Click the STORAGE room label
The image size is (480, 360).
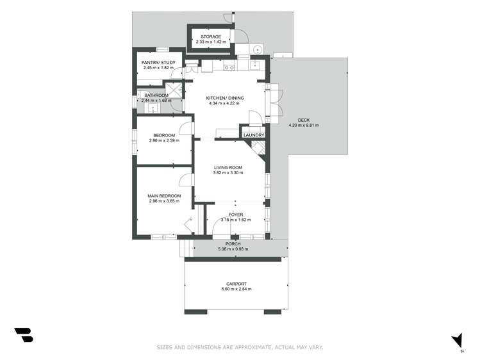click(211, 37)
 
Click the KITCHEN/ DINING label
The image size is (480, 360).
click(222, 98)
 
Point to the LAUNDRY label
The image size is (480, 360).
click(253, 135)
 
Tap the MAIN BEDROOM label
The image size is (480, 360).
click(163, 196)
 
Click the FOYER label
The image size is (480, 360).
click(236, 215)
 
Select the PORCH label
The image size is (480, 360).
click(233, 243)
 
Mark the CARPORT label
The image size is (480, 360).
click(236, 284)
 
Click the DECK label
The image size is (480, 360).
click(303, 120)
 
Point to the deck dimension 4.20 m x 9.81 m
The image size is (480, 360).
click(303, 126)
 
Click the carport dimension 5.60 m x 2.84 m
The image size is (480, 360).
click(236, 290)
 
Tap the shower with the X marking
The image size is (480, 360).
click(173, 89)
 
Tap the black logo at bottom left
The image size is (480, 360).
click(24, 334)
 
